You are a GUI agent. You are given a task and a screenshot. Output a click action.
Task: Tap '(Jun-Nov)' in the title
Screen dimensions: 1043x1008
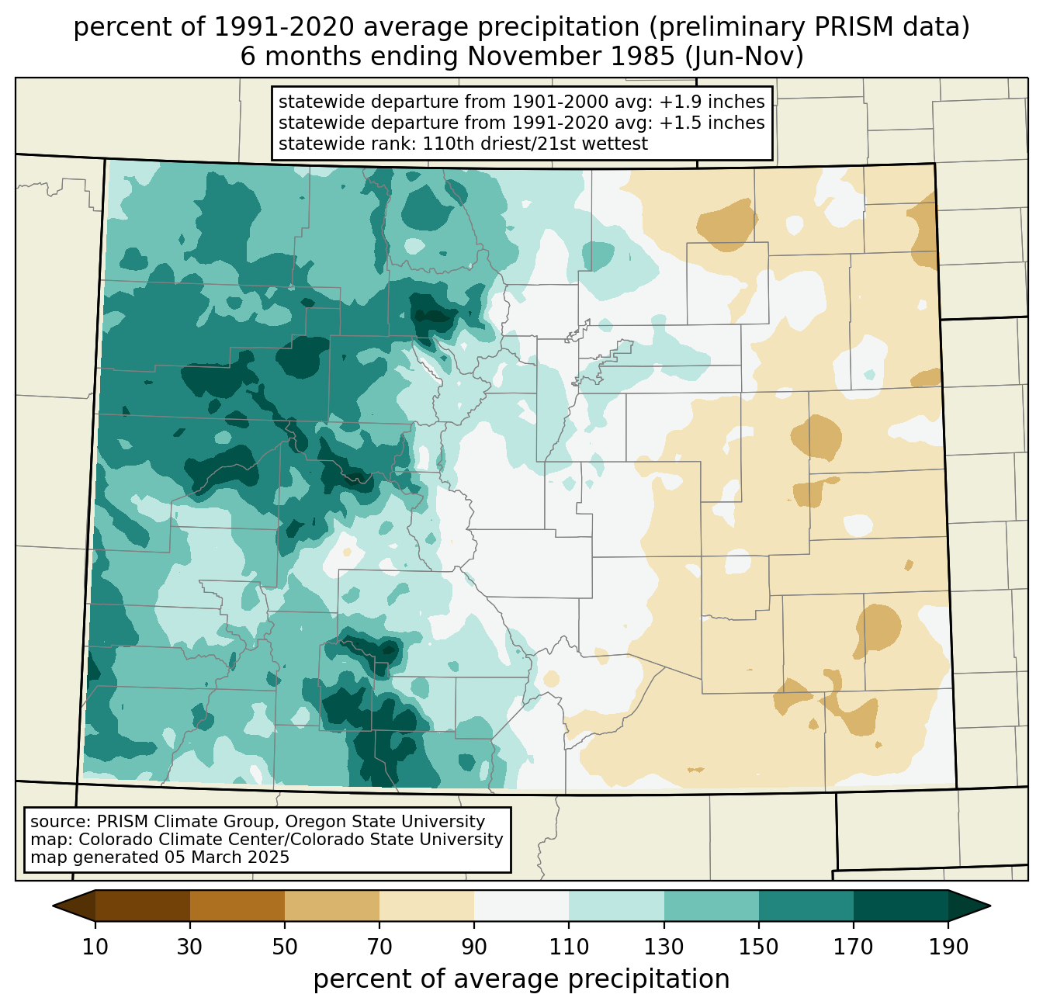click(744, 57)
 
